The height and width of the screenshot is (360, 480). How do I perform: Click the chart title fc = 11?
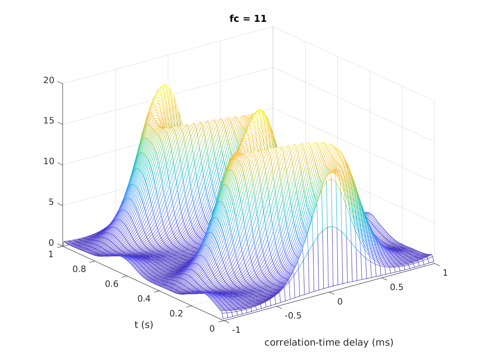pyautogui.click(x=248, y=19)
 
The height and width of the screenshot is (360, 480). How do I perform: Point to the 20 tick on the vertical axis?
pyautogui.click(x=49, y=80)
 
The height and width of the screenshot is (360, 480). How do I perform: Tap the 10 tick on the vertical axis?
pyautogui.click(x=49, y=161)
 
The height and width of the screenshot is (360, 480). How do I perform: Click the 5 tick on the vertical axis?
pyautogui.click(x=51, y=202)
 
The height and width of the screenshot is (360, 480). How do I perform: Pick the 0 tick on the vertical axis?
pyautogui.click(x=51, y=242)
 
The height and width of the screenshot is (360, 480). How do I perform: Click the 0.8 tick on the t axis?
pyautogui.click(x=80, y=269)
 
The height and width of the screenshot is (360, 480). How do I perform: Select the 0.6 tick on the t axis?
pyautogui.click(x=111, y=283)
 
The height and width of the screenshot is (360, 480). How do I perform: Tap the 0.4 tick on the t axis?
pyautogui.click(x=144, y=298)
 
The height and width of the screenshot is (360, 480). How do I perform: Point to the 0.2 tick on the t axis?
pyautogui.click(x=176, y=313)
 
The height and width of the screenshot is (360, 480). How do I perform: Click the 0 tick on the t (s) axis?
pyautogui.click(x=212, y=328)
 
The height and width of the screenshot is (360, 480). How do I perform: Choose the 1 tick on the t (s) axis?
pyautogui.click(x=51, y=254)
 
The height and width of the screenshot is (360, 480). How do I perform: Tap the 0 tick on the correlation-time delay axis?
pyautogui.click(x=340, y=302)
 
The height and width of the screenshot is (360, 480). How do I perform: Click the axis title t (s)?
pyautogui.click(x=144, y=325)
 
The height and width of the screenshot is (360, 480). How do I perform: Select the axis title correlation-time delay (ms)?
pyautogui.click(x=329, y=342)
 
